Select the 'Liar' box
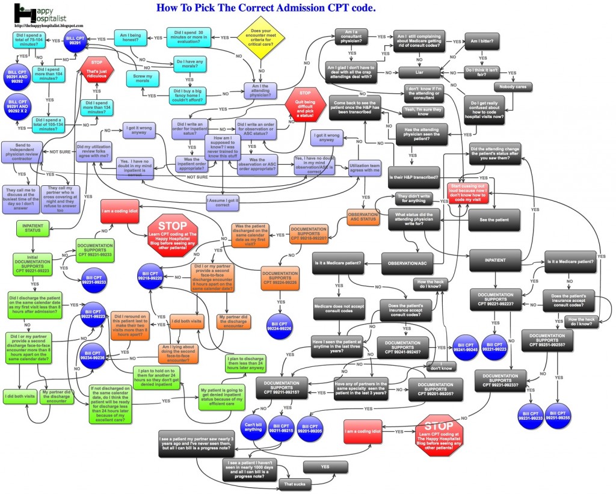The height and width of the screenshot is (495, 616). click(419, 72)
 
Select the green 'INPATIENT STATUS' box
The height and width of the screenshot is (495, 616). click(32, 228)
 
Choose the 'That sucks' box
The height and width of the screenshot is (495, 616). click(295, 483)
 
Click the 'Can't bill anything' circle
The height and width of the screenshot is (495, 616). click(253, 425)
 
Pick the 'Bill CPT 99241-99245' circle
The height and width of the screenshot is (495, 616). click(466, 346)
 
